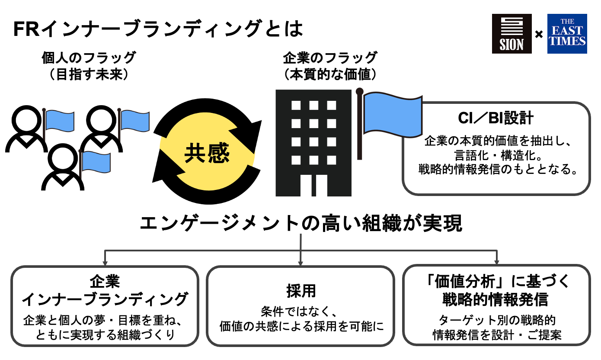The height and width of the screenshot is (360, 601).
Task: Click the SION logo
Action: [x=511, y=34]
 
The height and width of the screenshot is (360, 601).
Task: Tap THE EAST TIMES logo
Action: [x=567, y=34]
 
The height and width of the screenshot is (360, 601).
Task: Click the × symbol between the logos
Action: [x=539, y=34]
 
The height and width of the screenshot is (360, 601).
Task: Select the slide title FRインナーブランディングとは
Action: [x=157, y=30]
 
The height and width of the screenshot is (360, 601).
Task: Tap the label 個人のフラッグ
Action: [x=89, y=58]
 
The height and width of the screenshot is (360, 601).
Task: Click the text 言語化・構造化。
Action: [x=496, y=154]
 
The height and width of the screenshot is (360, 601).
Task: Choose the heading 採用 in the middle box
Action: [x=301, y=291]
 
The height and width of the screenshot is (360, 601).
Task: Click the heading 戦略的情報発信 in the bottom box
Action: [x=496, y=299]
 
